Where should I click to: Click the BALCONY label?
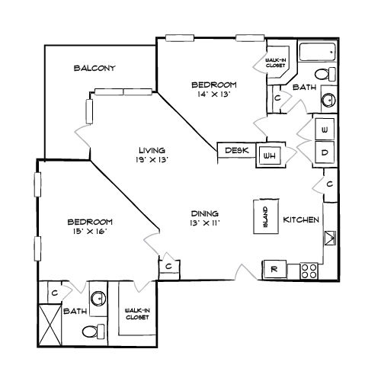point(94,68)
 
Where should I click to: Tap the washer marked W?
point(325,129)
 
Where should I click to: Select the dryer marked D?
point(325,152)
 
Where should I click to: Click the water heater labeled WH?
point(270,155)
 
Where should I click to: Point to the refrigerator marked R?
point(275,269)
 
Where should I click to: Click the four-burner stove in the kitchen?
point(309,271)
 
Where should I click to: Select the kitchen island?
point(266,216)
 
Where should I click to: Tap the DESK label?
point(237,150)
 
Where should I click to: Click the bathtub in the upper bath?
point(318,52)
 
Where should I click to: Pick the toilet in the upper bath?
point(325,74)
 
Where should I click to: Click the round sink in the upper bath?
point(328,100)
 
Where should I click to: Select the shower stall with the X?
point(50,325)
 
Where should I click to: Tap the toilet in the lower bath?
point(93,331)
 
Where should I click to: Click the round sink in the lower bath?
point(98,298)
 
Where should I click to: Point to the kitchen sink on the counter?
point(330,238)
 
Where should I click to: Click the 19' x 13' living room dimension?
point(152,160)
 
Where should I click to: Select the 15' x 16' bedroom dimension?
point(90,232)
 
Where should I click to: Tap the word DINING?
point(205,213)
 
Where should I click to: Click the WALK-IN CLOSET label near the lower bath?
point(137,314)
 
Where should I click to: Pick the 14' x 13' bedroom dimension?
point(214,94)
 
